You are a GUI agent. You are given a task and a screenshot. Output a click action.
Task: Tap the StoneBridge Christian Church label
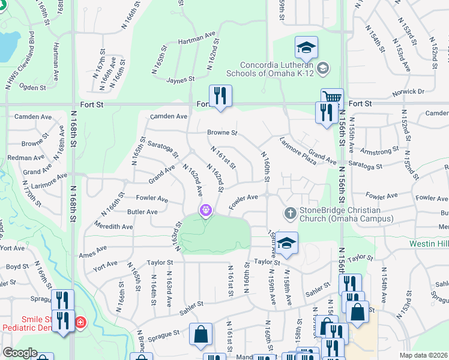pos(340,214)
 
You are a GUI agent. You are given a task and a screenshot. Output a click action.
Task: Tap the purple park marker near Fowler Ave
pos(206,211)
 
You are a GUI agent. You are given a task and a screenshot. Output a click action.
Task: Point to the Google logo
pos(19,353)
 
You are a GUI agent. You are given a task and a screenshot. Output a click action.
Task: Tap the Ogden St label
pos(34,88)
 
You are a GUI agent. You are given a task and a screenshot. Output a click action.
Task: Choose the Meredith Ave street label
pos(113,227)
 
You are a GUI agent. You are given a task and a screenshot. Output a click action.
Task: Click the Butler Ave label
pos(142,212)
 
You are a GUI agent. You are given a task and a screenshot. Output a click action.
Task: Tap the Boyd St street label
pos(17,266)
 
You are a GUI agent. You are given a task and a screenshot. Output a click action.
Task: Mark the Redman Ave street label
pos(26,158)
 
